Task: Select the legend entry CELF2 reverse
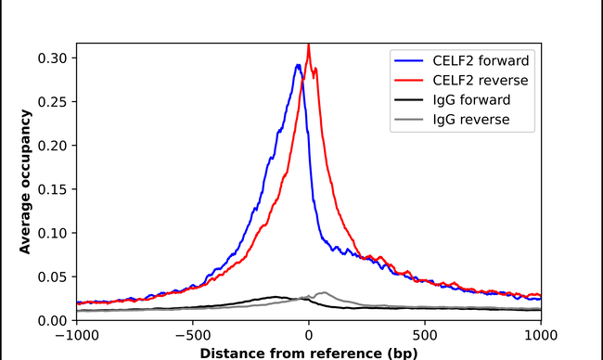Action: click(474, 81)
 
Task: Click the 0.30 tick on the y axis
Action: click(52, 58)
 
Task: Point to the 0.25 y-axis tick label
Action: click(52, 101)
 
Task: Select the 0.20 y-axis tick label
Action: click(52, 146)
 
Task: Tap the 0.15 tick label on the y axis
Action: click(52, 189)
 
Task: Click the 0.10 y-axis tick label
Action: click(52, 233)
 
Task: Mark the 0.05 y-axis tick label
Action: click(52, 276)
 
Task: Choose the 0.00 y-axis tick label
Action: click(52, 320)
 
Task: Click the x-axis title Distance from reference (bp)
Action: click(309, 353)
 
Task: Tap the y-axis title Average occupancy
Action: click(26, 182)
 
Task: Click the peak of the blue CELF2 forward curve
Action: click(297, 65)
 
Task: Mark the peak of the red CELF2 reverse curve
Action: click(309, 45)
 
